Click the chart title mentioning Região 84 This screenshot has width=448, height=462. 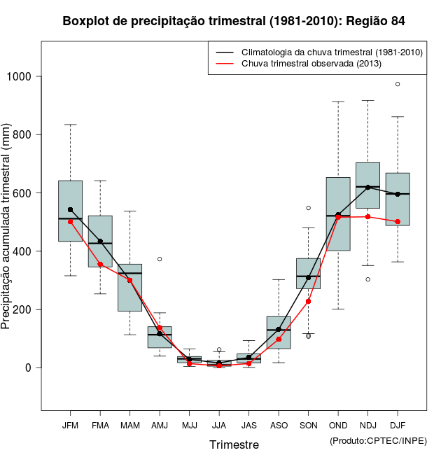234,21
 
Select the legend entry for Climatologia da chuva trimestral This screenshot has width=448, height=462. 331,52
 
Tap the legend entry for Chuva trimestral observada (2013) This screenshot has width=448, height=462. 311,64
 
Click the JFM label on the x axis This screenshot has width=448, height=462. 70,425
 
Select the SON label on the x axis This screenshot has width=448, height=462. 308,425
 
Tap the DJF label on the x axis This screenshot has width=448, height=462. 398,425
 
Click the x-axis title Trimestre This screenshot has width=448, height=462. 234,444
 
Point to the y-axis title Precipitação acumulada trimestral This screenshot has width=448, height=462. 7,227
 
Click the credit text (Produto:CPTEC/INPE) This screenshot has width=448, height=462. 378,440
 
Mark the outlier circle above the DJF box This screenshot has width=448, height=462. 398,84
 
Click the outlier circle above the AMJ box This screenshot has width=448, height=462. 160,259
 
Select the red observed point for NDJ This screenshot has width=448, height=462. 367,216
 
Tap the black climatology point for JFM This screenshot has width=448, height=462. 70,209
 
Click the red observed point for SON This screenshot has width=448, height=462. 308,301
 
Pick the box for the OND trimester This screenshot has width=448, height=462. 338,213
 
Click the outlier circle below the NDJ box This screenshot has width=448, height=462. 367,279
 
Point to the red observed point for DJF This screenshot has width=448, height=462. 398,221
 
